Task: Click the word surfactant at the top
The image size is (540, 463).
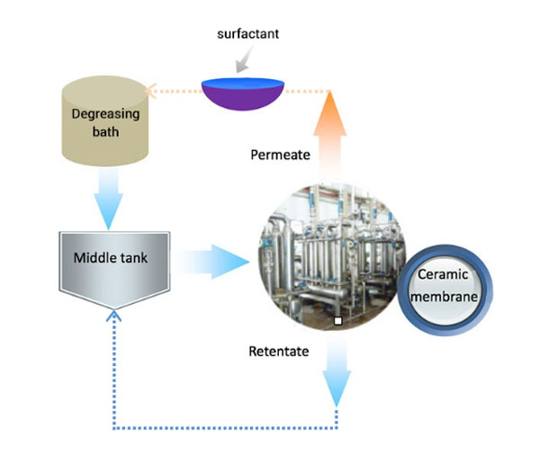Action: (x=247, y=35)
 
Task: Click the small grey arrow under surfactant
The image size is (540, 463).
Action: (x=242, y=61)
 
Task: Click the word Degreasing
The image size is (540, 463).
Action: (x=107, y=114)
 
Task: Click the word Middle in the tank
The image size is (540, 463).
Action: (x=93, y=258)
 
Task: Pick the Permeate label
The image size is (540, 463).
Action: (x=280, y=155)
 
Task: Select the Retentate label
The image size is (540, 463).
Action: (x=278, y=351)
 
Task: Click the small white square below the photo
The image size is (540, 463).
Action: (x=336, y=320)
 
